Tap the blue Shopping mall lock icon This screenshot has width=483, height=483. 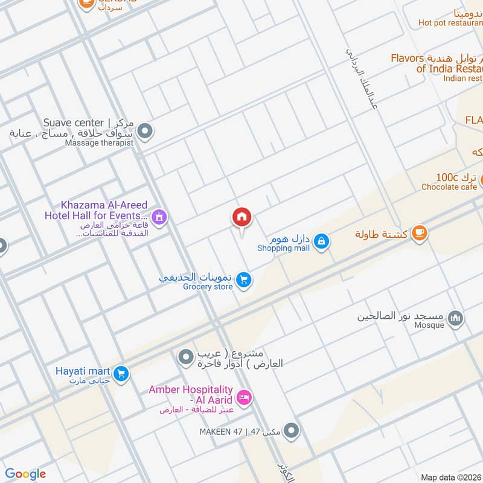pyautogui.click(x=322, y=241)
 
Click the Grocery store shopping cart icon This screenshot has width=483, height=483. pyautogui.click(x=244, y=280)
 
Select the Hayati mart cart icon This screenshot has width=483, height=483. pyautogui.click(x=121, y=374)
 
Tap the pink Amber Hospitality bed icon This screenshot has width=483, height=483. pyautogui.click(x=245, y=397)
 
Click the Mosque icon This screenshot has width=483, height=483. pyautogui.click(x=456, y=318)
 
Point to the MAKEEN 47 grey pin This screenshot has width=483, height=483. pyautogui.click(x=292, y=431)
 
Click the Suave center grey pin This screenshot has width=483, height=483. pyautogui.click(x=145, y=130)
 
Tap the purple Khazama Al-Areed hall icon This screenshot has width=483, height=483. pyautogui.click(x=159, y=216)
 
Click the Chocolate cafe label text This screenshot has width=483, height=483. pyautogui.click(x=449, y=187)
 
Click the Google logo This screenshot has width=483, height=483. pyautogui.click(x=25, y=474)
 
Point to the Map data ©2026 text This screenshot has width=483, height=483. pyautogui.click(x=450, y=477)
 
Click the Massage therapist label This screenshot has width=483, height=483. pyautogui.click(x=100, y=142)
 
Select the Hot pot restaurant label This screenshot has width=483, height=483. pyautogui.click(x=450, y=23)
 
